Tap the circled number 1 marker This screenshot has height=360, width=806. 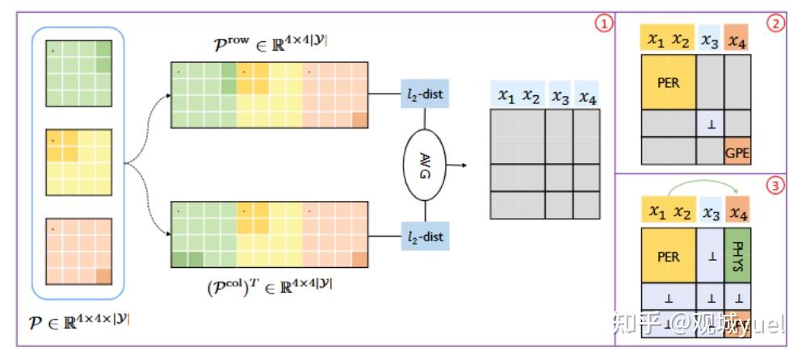click(x=602, y=23)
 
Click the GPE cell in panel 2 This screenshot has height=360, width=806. click(x=737, y=151)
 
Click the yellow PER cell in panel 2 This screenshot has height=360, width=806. click(x=668, y=82)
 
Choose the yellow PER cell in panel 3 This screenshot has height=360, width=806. click(x=668, y=257)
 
